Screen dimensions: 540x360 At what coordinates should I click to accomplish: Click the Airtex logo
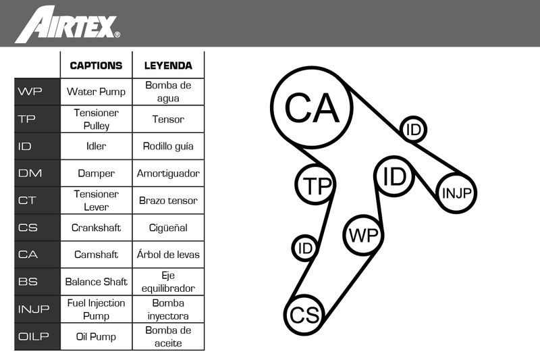(67, 24)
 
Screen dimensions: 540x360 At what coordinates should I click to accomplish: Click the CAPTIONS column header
(96, 66)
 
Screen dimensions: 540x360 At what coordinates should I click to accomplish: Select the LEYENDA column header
(168, 66)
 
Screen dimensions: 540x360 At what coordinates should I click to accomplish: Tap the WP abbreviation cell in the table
(37, 92)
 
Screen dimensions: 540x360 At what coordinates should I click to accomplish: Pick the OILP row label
(37, 336)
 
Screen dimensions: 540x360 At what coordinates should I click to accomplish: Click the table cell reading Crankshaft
(96, 228)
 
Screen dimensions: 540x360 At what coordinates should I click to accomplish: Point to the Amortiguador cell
(168, 174)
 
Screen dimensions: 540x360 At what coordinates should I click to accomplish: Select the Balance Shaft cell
(96, 282)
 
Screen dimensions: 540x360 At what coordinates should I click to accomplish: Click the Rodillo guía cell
(168, 146)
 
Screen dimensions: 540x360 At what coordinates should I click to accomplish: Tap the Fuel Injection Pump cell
(96, 309)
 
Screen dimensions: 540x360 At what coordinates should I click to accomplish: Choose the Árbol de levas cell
(168, 255)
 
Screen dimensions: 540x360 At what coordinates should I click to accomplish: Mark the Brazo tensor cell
(168, 201)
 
